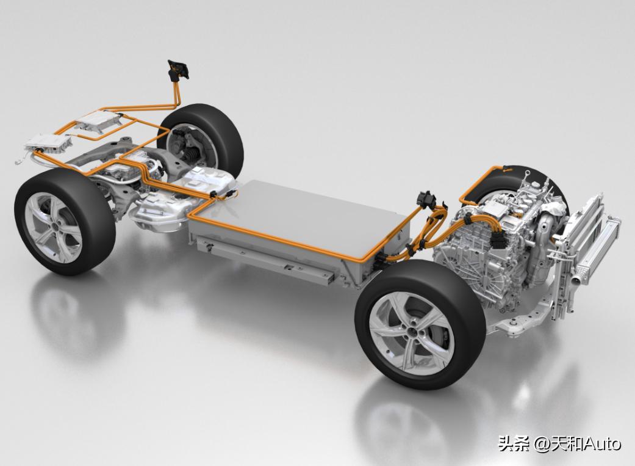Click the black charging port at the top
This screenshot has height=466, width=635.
[x=178, y=70]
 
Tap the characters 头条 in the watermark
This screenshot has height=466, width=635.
[x=513, y=443]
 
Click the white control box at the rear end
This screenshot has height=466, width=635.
[x=48, y=142]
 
